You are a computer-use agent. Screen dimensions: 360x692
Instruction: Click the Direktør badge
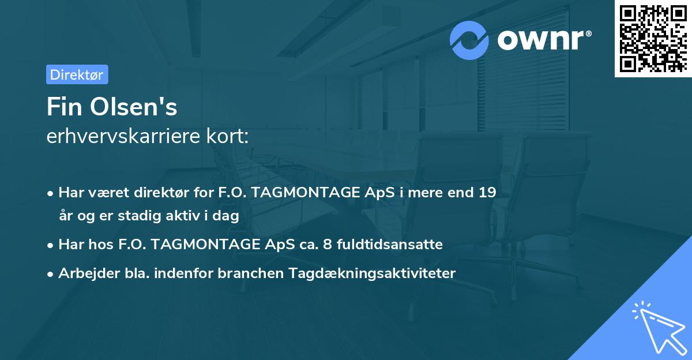(x=77, y=74)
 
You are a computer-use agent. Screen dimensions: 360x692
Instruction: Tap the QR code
(x=653, y=38)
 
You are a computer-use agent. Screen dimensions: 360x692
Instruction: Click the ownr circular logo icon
(x=469, y=40)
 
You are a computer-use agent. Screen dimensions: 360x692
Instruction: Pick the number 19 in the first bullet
(x=487, y=192)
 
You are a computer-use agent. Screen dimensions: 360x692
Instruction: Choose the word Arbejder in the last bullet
(x=85, y=273)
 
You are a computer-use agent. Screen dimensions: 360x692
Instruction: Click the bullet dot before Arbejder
(x=51, y=274)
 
